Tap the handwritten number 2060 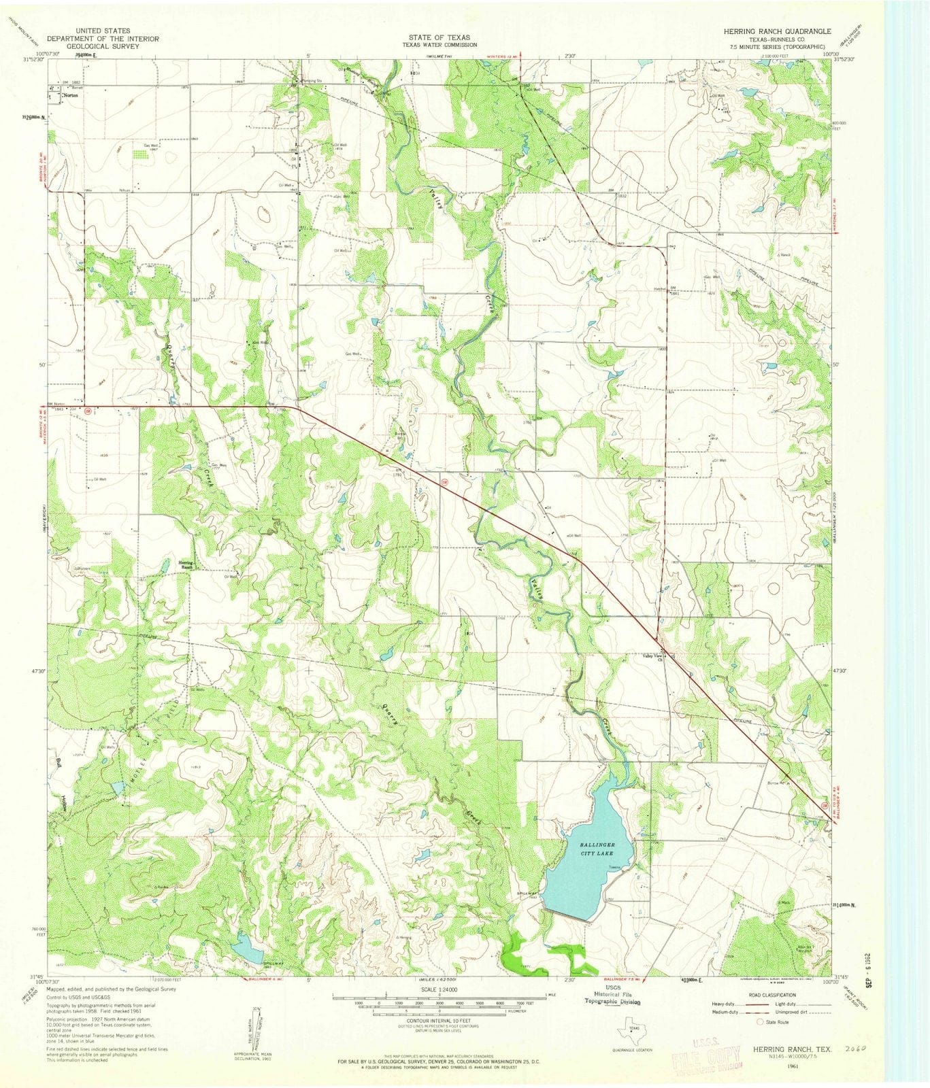tap(846, 1049)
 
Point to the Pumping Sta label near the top tap(303, 80)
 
